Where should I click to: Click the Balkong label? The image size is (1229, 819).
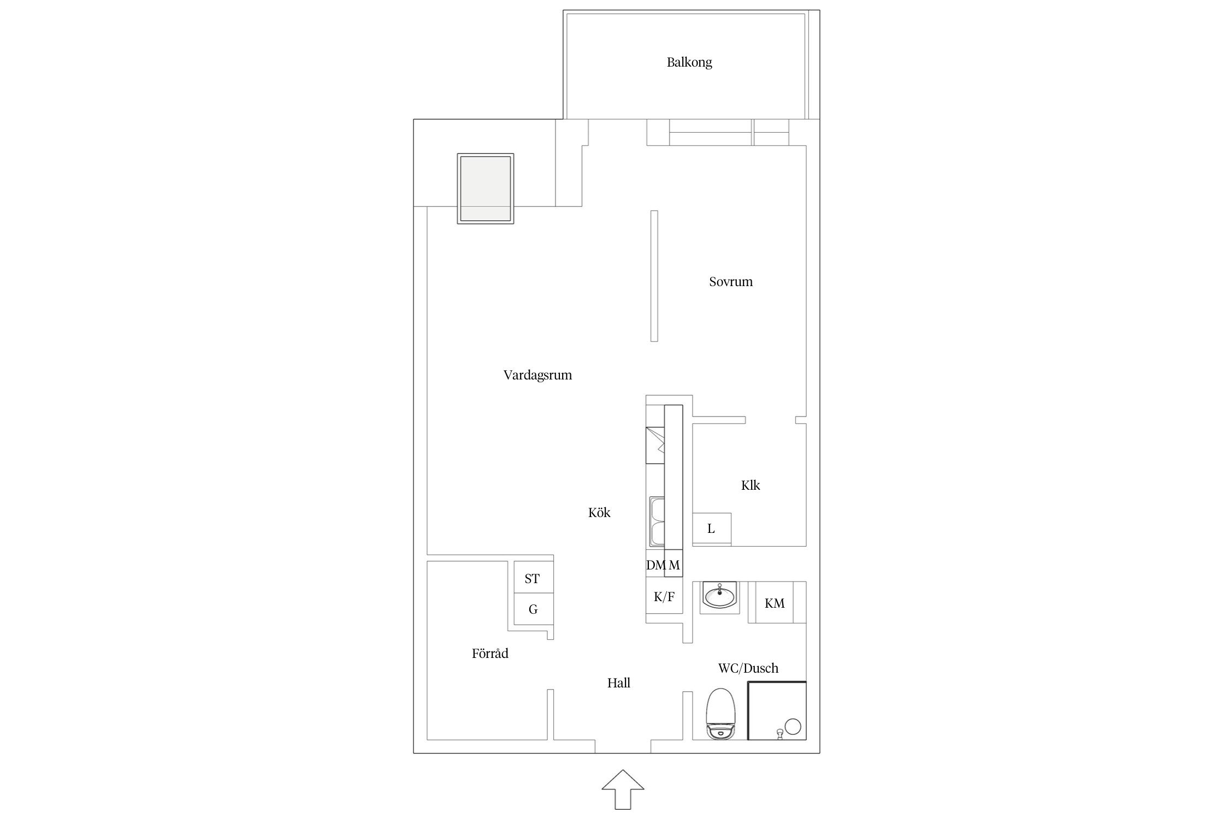[x=689, y=62]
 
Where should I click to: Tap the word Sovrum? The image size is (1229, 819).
[x=731, y=282]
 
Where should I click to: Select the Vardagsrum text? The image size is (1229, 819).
[x=537, y=375]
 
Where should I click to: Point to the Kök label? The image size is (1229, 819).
[x=599, y=512]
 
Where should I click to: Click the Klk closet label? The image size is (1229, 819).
[x=751, y=485]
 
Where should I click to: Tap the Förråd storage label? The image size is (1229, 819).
[x=490, y=653]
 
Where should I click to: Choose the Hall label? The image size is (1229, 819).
[x=619, y=682]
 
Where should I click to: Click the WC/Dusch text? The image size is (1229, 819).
[x=748, y=668]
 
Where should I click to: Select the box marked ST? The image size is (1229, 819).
[x=534, y=578]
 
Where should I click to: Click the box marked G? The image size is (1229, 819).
[x=534, y=609]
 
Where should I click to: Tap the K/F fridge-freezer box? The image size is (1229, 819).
[x=664, y=597]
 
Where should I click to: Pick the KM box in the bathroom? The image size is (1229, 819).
[x=775, y=603]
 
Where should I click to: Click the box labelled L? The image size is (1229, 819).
[x=712, y=529]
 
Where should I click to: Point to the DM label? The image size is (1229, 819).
[x=656, y=565]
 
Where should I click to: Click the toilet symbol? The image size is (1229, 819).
[x=721, y=713]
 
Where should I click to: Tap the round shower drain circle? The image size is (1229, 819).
[x=793, y=727]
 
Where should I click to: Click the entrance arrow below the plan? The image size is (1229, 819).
[x=623, y=789]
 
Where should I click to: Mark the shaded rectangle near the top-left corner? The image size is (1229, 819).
[x=486, y=188]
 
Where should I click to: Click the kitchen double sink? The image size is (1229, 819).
[x=657, y=521]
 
